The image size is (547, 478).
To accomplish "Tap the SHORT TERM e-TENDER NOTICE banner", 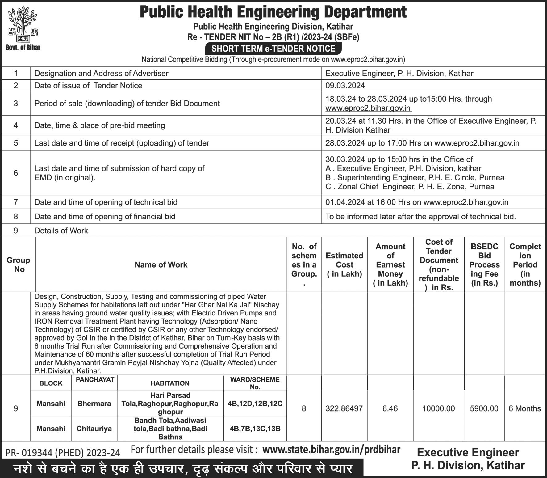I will point(273,49).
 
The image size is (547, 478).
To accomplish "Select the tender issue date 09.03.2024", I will point(345,86).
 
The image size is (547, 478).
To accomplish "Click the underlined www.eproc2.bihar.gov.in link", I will point(368,108).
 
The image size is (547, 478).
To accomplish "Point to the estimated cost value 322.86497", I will point(344,408).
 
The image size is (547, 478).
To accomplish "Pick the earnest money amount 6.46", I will point(390,408).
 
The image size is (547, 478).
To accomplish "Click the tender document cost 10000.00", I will point(438,408).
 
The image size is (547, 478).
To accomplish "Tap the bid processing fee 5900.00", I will point(484,408).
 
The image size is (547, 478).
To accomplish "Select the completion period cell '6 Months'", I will point(524,408).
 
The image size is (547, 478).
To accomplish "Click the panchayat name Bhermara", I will point(94,404).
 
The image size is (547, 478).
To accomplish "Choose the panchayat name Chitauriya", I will point(94,429).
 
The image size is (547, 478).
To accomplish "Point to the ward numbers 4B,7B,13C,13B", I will point(255,429).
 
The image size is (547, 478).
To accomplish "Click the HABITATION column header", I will point(170,383).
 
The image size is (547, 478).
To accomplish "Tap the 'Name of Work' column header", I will point(161,265).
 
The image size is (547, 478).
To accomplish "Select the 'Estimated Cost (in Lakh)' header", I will point(344,265).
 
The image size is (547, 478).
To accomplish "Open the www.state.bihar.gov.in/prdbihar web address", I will point(331,450).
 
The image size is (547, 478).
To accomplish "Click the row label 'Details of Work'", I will point(61,231).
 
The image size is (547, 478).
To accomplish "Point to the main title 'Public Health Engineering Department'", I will point(273,12).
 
